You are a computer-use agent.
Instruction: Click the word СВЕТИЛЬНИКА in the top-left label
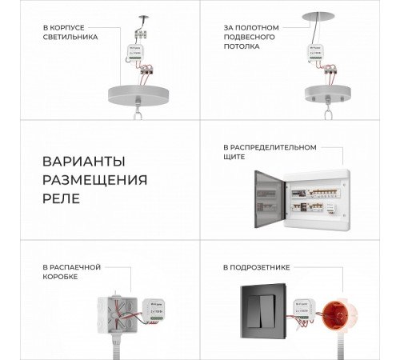[x=70, y=37]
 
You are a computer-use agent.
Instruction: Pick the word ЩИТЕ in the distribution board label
[x=234, y=158]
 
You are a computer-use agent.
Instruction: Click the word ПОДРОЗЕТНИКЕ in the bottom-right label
[x=266, y=264]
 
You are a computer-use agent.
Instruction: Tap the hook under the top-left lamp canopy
[x=140, y=105]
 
